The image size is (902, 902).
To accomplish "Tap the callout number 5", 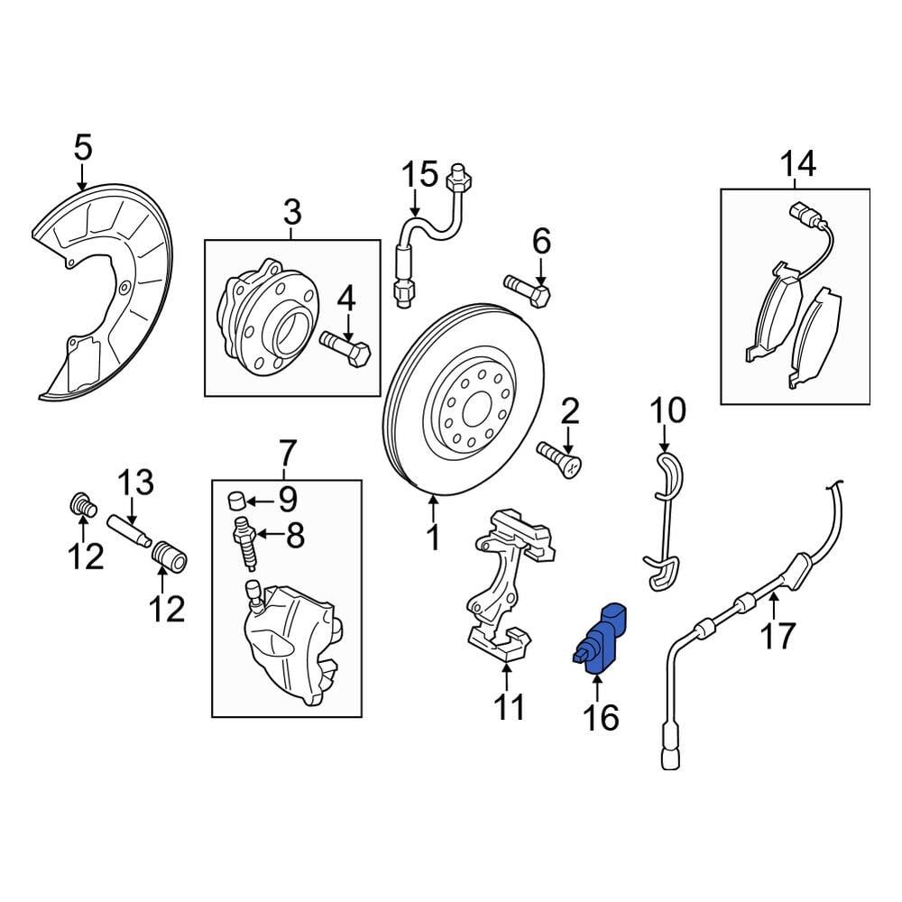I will point(82,147).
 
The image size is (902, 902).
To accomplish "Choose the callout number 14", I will point(797,164).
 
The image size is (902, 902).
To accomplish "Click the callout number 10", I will point(668,411).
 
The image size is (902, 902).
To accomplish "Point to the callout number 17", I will point(777,636).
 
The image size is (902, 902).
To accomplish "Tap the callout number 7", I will point(287,448).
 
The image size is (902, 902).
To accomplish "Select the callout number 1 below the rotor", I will point(433,538).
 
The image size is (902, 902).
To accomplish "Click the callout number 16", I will point(601,717).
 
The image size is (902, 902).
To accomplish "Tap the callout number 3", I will point(292,214).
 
